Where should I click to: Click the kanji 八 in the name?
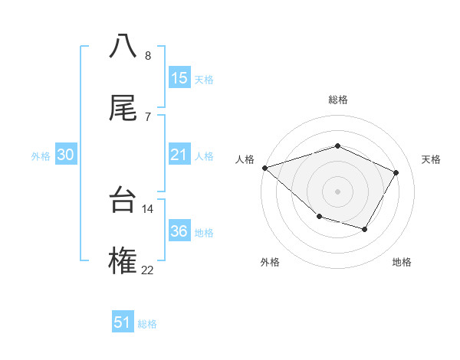click(123, 45)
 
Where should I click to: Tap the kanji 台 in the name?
click(123, 201)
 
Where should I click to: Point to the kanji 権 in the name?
click(123, 261)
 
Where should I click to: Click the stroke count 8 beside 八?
click(147, 55)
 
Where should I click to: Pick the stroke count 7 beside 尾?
click(147, 116)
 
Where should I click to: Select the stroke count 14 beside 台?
click(148, 208)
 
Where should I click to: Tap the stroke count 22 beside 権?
click(148, 270)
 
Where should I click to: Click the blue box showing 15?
click(179, 78)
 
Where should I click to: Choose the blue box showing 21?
click(179, 155)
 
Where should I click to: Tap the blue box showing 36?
click(179, 231)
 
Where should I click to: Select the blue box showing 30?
click(66, 155)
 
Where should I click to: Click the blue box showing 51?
click(123, 322)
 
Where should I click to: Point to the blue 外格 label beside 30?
click(41, 156)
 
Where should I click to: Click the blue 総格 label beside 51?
click(147, 324)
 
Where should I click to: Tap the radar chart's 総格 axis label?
click(337, 100)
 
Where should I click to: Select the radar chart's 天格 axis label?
click(432, 159)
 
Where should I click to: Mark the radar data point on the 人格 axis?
click(264, 168)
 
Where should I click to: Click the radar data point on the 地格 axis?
click(365, 229)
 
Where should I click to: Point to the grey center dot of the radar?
click(337, 191)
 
